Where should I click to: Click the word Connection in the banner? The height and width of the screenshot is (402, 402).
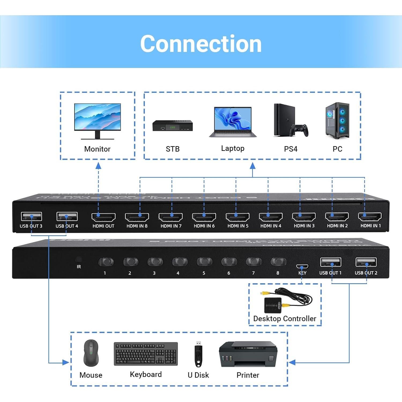click(201, 44)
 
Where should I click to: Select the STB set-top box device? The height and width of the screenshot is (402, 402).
click(173, 126)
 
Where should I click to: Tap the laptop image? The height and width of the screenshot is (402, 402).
click(233, 122)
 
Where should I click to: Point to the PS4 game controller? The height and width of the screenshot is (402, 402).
click(300, 130)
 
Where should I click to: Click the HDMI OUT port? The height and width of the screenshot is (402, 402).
click(103, 217)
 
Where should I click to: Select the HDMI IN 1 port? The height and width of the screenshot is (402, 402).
click(370, 216)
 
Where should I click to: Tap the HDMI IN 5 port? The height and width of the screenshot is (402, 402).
click(237, 217)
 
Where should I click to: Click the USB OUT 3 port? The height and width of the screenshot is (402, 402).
click(31, 216)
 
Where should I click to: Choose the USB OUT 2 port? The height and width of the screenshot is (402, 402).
click(366, 262)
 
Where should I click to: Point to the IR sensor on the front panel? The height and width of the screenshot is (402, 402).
click(79, 259)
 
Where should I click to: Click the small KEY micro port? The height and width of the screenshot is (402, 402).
click(302, 266)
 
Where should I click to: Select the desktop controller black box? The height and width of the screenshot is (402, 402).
click(273, 305)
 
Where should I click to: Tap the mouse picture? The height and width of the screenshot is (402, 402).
click(91, 353)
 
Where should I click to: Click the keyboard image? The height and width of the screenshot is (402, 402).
click(146, 354)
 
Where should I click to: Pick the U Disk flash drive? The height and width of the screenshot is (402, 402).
click(198, 354)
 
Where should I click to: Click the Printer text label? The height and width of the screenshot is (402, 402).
click(248, 375)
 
